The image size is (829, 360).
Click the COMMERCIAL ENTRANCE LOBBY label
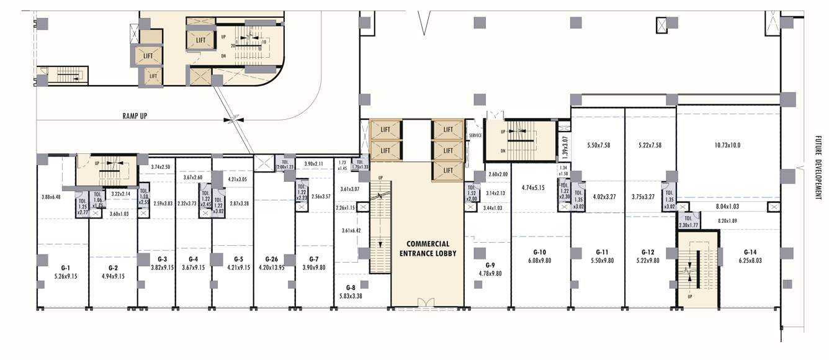428,248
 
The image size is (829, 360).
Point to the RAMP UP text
134,115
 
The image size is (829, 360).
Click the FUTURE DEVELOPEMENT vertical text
818,168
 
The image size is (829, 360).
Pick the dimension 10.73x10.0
728,145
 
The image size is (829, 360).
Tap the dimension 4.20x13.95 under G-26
271,268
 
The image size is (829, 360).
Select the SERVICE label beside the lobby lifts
475,135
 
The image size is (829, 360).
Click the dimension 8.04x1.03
728,206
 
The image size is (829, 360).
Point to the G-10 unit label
539,252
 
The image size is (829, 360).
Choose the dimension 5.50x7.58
598,145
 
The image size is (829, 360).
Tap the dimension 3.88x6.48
51,197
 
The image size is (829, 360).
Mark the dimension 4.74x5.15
532,187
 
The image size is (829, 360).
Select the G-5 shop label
239,259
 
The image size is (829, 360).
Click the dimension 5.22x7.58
650,145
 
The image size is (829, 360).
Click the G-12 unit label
648,252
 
